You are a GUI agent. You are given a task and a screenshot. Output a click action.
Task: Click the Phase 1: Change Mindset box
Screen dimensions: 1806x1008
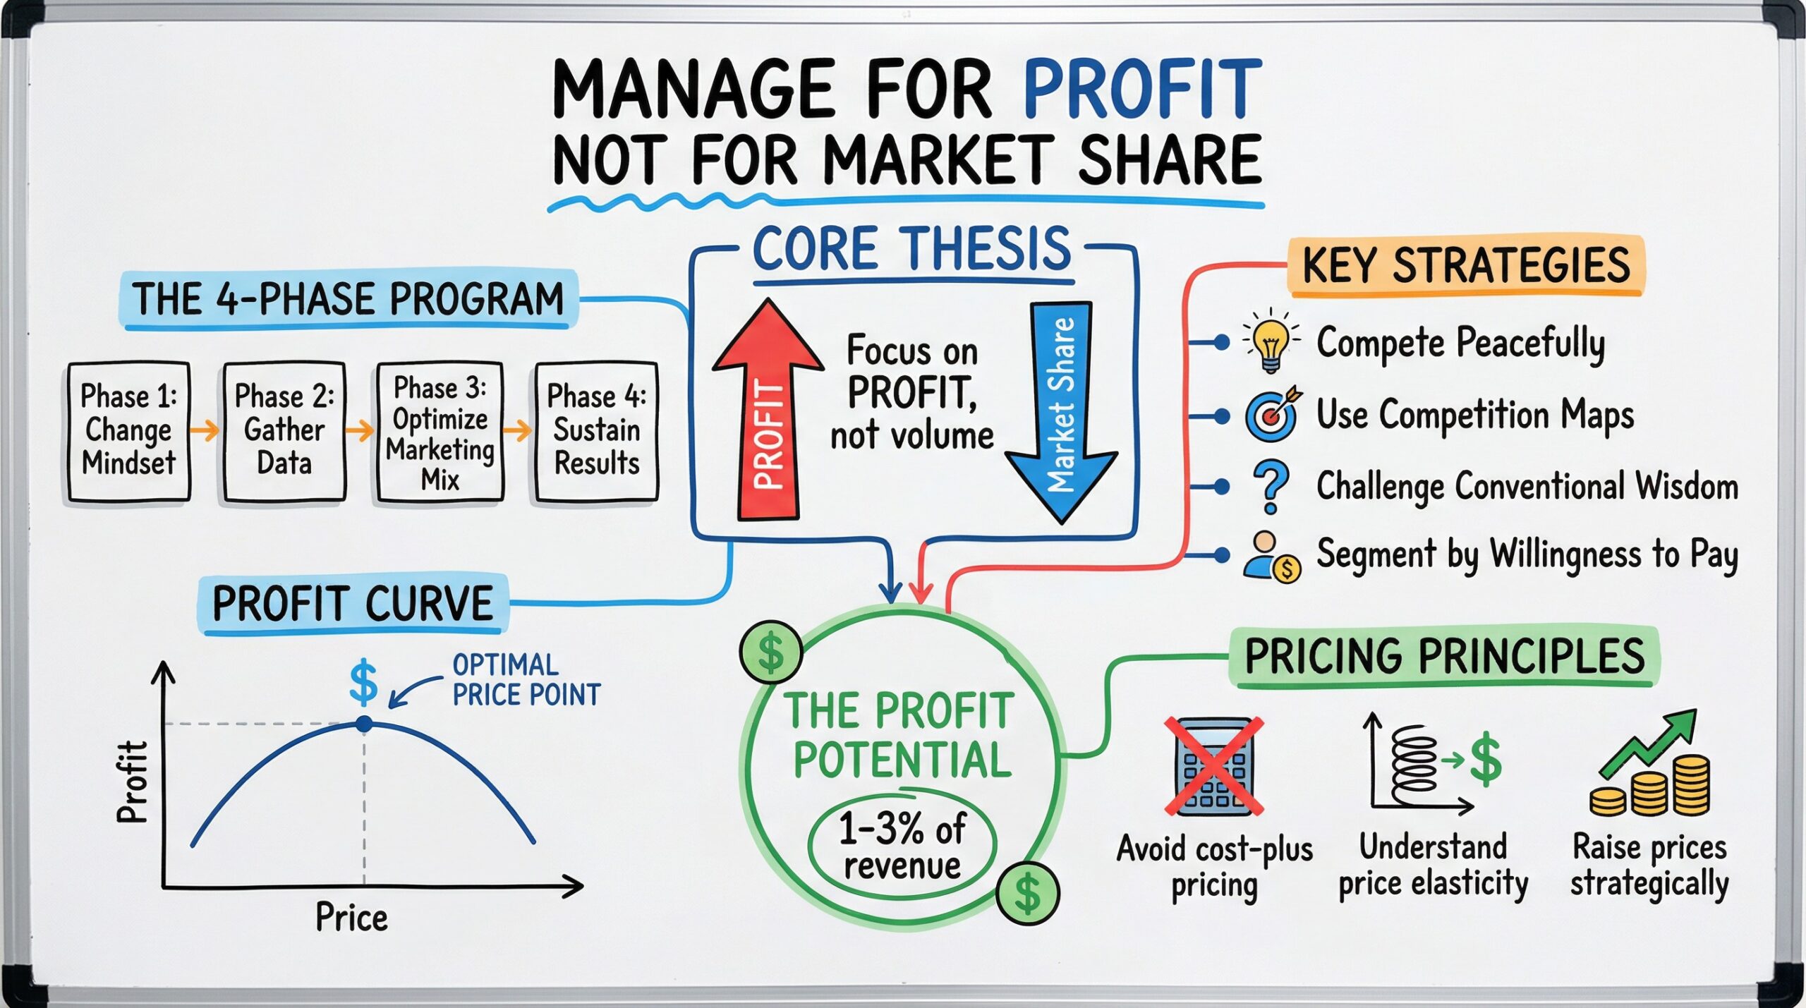(x=129, y=432)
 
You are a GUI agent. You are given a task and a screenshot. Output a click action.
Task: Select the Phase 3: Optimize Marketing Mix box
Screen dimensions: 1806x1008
(x=440, y=432)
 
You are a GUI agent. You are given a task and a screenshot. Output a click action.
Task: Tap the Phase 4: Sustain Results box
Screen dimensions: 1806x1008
(x=597, y=432)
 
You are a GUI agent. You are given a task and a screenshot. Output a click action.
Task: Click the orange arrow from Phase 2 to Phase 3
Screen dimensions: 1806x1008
(x=361, y=430)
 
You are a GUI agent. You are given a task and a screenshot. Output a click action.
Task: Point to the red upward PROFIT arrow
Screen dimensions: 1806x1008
(x=768, y=409)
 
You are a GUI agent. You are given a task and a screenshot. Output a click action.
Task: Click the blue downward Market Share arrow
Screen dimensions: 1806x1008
(x=1061, y=413)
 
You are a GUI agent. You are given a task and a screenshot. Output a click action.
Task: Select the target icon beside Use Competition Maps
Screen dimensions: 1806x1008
(x=1273, y=414)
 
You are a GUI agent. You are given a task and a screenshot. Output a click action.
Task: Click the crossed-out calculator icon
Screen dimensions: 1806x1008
(x=1213, y=767)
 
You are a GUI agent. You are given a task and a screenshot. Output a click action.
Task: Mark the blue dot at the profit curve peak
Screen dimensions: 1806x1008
(x=364, y=724)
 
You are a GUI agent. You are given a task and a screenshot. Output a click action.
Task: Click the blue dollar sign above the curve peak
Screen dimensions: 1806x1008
(x=363, y=682)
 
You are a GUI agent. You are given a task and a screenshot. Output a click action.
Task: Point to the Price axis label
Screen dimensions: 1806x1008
(x=351, y=917)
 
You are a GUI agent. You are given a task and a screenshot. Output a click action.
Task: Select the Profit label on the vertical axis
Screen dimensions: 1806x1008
(x=133, y=782)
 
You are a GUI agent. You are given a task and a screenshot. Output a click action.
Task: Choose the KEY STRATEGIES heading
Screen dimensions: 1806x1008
(x=1466, y=265)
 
